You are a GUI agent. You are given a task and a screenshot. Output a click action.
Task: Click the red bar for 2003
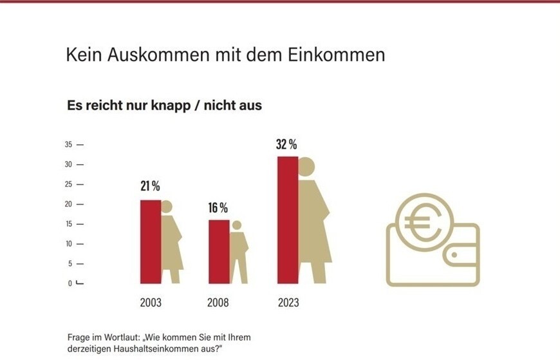coord(151,242)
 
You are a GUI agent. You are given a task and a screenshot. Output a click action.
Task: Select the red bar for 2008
coord(219,251)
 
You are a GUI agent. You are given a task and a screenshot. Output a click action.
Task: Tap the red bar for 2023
coord(288,220)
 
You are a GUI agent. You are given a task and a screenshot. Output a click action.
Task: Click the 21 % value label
coord(150,187)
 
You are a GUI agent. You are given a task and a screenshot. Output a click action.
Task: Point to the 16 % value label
coord(218,208)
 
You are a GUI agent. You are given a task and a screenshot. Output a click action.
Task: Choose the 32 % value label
coord(286,144)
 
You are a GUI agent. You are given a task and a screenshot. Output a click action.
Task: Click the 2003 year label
coord(151,303)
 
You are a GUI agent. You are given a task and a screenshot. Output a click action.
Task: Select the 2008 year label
coord(218,303)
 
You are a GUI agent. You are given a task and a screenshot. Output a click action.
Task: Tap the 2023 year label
coord(288,303)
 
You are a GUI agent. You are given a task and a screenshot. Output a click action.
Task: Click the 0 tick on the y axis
coord(70,283)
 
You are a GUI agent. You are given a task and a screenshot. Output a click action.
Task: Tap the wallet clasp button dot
coord(454,255)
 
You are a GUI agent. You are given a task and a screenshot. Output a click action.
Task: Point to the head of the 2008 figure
coord(237,225)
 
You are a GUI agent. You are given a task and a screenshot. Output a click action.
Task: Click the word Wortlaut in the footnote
coord(125,337)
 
